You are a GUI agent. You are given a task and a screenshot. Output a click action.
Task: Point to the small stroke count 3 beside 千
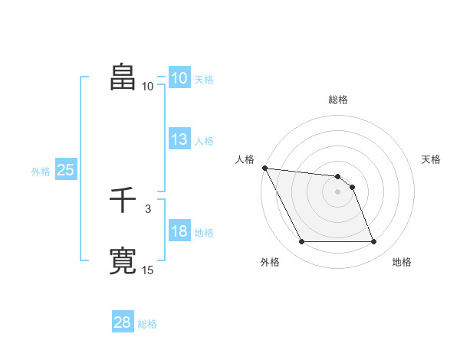coord(147,208)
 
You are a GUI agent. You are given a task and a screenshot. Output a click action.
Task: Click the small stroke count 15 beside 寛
coord(148,269)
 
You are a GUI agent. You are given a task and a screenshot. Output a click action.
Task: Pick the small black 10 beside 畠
coord(148,86)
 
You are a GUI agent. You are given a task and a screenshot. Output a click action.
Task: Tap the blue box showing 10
coord(179,78)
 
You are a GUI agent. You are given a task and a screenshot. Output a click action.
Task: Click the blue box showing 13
coord(179,139)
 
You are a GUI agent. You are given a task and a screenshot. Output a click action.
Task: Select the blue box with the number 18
coord(179,231)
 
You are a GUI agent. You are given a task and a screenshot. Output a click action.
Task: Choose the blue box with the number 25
coord(65,170)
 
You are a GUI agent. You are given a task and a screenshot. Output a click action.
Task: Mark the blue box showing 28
coord(122,322)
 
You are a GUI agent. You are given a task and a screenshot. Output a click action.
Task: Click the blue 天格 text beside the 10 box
coord(204,80)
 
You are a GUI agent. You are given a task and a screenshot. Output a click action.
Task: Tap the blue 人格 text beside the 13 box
coord(204,141)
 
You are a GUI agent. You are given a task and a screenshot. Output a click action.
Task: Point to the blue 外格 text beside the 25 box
coord(41,172)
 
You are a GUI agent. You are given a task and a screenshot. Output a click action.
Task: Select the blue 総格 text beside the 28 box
coord(147,324)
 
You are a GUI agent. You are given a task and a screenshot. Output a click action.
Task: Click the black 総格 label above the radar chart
coord(338,100)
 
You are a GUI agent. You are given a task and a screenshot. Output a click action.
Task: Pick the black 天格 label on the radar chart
coord(432,159)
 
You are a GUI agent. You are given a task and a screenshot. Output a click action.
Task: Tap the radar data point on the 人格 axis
coord(264,168)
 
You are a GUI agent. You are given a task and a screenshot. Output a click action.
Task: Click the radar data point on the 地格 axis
coord(374,242)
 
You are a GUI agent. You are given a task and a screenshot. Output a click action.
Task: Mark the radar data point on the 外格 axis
coord(301,242)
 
